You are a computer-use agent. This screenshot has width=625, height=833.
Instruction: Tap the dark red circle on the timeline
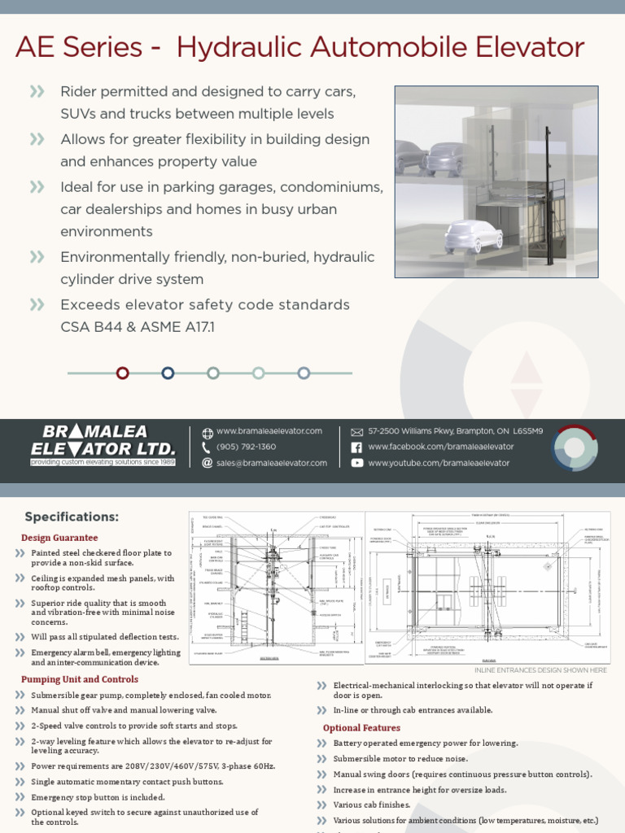pyautogui.click(x=123, y=373)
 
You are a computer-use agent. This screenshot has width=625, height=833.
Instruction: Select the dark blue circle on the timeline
pyautogui.click(x=168, y=373)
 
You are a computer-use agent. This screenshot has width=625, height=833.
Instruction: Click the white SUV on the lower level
pyautogui.click(x=473, y=235)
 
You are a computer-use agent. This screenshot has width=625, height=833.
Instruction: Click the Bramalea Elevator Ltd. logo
pyautogui.click(x=103, y=445)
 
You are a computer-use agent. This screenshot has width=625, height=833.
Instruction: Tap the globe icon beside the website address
pyautogui.click(x=208, y=432)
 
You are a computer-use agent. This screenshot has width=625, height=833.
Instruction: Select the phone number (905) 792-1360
pyautogui.click(x=246, y=447)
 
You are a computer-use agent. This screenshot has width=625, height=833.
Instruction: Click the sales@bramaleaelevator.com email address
pyautogui.click(x=272, y=463)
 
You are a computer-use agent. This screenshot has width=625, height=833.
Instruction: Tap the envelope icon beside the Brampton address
pyautogui.click(x=356, y=432)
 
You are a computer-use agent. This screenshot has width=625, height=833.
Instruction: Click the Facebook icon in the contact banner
pyautogui.click(x=356, y=447)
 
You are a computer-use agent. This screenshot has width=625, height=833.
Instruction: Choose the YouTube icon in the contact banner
pyautogui.click(x=356, y=463)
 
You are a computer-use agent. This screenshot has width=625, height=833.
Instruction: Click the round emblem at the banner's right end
pyautogui.click(x=575, y=447)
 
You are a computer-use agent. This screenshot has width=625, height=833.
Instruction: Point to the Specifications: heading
pyautogui.click(x=72, y=517)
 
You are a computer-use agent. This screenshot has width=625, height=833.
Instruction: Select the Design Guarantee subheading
pyautogui.click(x=59, y=538)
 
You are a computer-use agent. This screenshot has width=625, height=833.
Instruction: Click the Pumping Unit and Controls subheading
pyautogui.click(x=80, y=679)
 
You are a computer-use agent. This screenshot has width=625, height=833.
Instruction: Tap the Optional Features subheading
pyautogui.click(x=361, y=728)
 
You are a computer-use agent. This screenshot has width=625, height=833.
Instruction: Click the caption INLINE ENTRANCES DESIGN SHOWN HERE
pyautogui.click(x=540, y=670)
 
